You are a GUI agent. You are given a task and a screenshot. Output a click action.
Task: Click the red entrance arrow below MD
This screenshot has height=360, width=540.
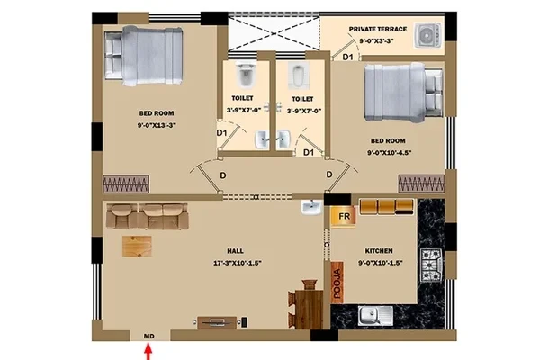tap(148, 353)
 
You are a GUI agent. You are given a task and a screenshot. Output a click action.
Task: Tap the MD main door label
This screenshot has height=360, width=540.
tap(148, 336)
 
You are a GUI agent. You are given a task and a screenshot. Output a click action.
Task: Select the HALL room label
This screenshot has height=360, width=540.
tap(235, 251)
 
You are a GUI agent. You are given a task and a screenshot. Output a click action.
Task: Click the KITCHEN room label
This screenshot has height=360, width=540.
tap(379, 251)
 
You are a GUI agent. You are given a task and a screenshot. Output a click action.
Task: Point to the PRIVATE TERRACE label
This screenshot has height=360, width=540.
tap(378, 30)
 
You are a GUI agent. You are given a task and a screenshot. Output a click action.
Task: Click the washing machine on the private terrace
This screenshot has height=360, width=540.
tap(428, 35)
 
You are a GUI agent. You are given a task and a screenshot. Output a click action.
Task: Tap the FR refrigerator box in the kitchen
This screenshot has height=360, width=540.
tap(344, 216)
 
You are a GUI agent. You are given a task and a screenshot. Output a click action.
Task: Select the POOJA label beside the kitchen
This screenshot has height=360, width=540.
tap(337, 283)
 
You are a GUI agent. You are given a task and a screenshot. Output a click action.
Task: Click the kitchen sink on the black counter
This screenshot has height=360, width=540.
tap(374, 315)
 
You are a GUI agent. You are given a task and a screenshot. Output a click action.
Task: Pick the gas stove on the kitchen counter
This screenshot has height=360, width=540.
tap(431, 265)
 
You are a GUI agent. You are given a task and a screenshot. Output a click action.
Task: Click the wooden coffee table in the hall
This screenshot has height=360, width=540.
tap(137, 247)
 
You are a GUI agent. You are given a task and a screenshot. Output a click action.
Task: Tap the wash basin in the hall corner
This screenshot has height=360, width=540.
tap(311, 208)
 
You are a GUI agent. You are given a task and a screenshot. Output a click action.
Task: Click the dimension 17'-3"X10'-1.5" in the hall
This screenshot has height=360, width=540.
tap(238, 263)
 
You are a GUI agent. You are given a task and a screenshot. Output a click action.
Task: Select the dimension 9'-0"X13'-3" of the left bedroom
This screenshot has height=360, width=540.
tap(157, 125)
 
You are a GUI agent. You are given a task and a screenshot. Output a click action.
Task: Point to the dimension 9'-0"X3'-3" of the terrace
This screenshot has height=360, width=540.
tap(377, 41)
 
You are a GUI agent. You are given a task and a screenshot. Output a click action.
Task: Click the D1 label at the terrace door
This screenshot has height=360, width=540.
tap(347, 58)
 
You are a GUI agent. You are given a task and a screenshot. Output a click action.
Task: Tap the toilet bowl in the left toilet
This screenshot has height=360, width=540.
tap(245, 75)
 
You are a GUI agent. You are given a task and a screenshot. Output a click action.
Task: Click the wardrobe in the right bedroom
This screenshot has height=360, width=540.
tap(421, 184)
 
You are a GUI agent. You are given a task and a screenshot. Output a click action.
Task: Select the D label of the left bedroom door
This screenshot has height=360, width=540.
tap(223, 175)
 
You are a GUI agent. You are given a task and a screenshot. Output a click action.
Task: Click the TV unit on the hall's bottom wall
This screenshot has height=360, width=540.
tap(217, 322)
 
